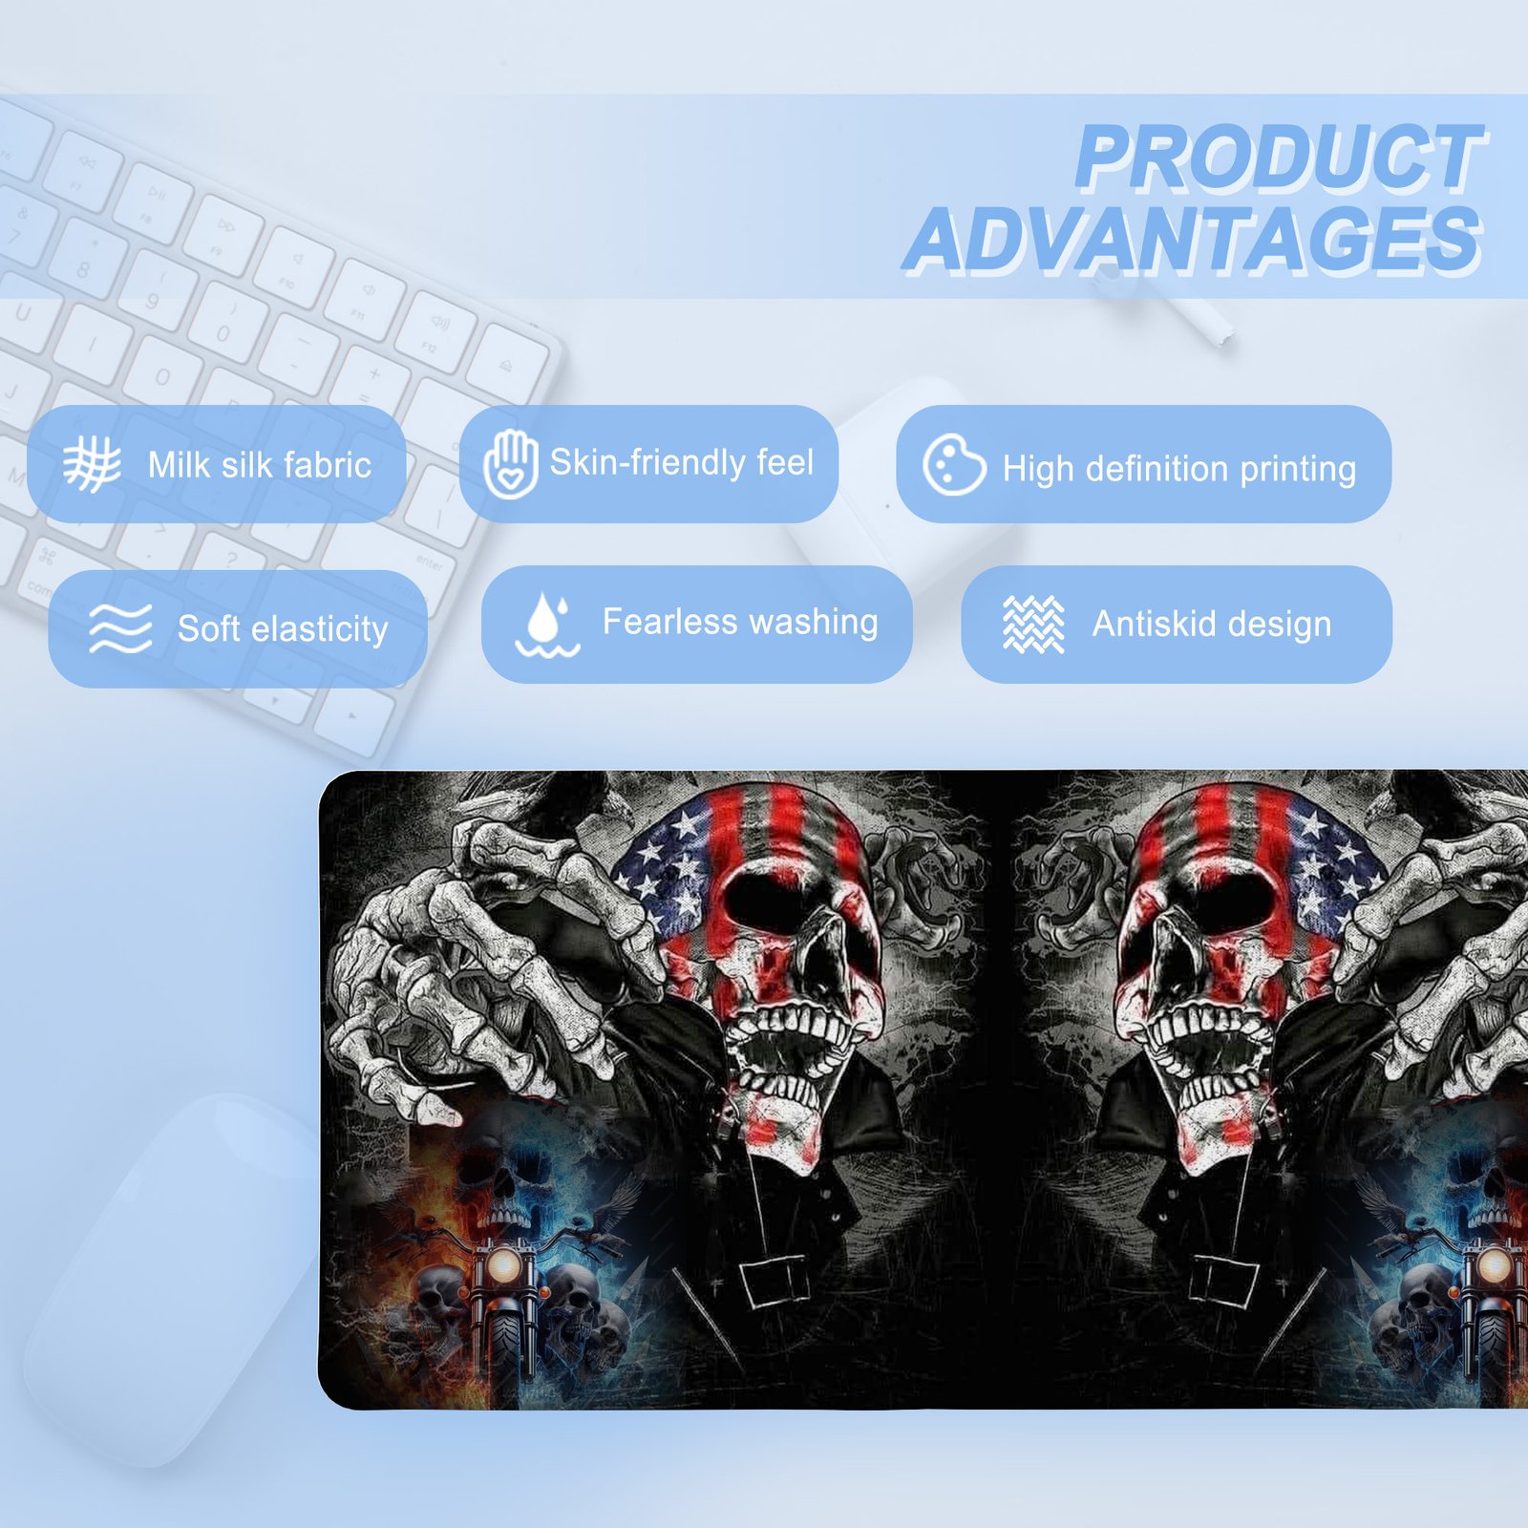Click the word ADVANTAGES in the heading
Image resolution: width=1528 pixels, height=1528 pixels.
(1194, 240)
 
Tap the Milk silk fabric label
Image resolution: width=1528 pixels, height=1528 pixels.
(260, 465)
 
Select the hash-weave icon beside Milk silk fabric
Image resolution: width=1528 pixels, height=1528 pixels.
(92, 464)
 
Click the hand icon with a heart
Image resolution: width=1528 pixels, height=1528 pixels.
(510, 464)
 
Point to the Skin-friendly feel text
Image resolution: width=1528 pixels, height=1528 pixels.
(681, 462)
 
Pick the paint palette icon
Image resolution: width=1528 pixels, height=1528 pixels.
(954, 465)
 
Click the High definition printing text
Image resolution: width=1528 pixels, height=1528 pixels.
(1179, 469)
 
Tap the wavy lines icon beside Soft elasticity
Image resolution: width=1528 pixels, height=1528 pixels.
(120, 627)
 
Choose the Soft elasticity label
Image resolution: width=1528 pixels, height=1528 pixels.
(283, 628)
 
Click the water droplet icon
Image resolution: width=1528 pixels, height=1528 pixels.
(547, 625)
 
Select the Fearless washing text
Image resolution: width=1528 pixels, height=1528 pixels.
(740, 622)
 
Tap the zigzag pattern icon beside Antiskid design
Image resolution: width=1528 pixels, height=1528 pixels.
(1033, 625)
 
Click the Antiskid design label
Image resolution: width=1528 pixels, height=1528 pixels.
(1212, 624)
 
